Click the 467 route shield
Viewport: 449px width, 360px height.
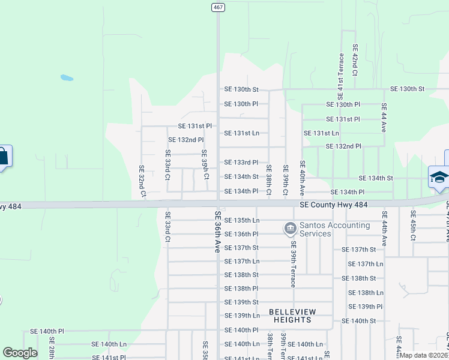[x=217, y=6]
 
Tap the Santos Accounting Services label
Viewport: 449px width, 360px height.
[x=334, y=229]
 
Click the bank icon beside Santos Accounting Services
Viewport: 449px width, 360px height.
[x=290, y=228]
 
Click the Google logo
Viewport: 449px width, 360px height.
[x=20, y=353]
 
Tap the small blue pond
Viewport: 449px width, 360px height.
[x=67, y=77]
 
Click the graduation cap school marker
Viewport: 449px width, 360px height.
[x=439, y=177]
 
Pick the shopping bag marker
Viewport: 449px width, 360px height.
[x=3, y=157]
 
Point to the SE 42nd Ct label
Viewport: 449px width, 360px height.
[x=355, y=59]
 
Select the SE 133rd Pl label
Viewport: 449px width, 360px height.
[x=241, y=163]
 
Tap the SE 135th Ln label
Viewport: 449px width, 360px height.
[x=241, y=220]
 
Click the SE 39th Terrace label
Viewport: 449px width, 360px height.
[x=293, y=264]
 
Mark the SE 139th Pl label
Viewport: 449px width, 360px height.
[x=366, y=307]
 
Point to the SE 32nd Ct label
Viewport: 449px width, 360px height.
[x=142, y=181]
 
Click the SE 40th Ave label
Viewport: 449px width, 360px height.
[x=303, y=176]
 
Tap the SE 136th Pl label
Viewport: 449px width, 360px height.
[x=241, y=234]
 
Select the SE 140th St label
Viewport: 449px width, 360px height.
[x=358, y=321]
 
